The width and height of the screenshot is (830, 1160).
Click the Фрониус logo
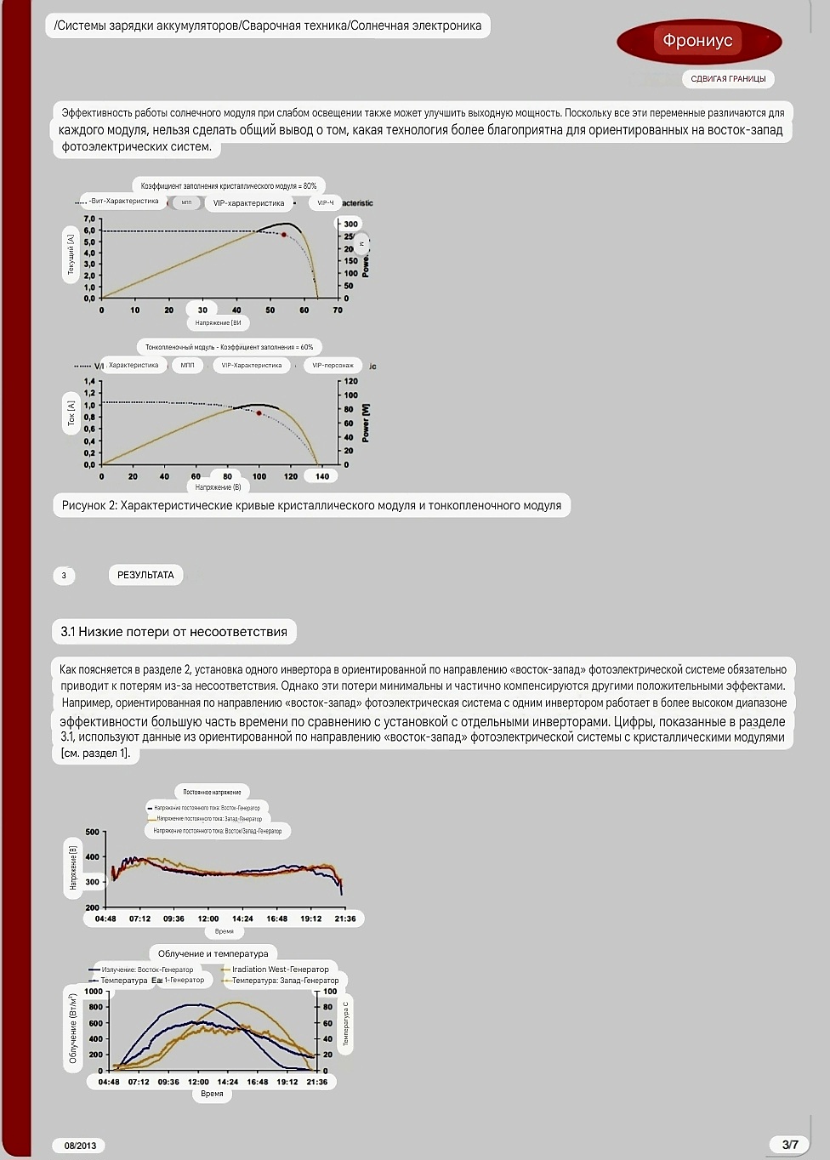(x=698, y=40)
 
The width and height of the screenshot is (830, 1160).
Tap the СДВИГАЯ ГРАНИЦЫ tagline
(x=728, y=79)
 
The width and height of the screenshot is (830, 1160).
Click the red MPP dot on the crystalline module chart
(x=284, y=235)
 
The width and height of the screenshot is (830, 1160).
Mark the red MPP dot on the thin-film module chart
(x=259, y=413)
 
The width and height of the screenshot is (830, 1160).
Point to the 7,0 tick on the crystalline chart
(x=90, y=219)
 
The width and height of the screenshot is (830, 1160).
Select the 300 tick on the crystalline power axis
(x=350, y=224)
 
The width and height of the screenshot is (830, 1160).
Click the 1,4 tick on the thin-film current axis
(x=90, y=382)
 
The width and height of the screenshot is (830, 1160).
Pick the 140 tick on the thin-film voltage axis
(x=322, y=476)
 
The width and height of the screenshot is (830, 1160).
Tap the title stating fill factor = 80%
(x=229, y=185)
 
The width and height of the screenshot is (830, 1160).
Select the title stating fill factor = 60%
(x=229, y=347)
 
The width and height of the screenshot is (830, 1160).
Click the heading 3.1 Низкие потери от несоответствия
(x=174, y=632)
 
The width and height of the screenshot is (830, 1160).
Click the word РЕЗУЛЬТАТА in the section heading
(x=145, y=575)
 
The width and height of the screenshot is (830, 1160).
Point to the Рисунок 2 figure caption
(x=311, y=505)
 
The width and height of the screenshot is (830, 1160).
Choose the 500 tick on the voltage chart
(x=93, y=832)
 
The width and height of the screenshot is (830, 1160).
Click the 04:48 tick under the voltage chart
(x=105, y=918)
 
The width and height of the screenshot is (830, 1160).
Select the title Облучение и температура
(x=213, y=953)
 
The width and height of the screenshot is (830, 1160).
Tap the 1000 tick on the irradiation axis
(x=94, y=992)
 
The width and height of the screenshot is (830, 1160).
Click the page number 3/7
(x=790, y=1145)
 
